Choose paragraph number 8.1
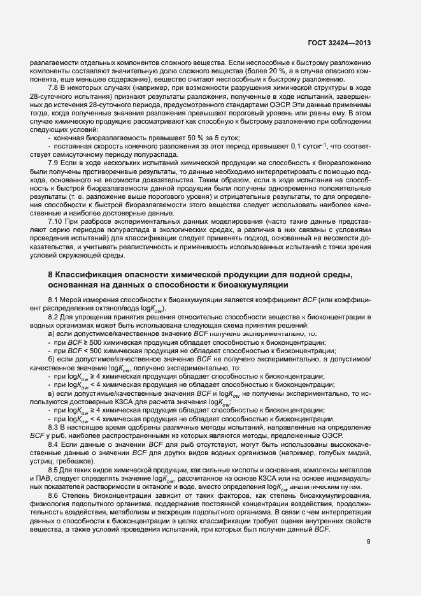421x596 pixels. point(53,300)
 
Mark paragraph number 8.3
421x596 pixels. point(53,426)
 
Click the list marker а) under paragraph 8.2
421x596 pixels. point(52,333)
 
